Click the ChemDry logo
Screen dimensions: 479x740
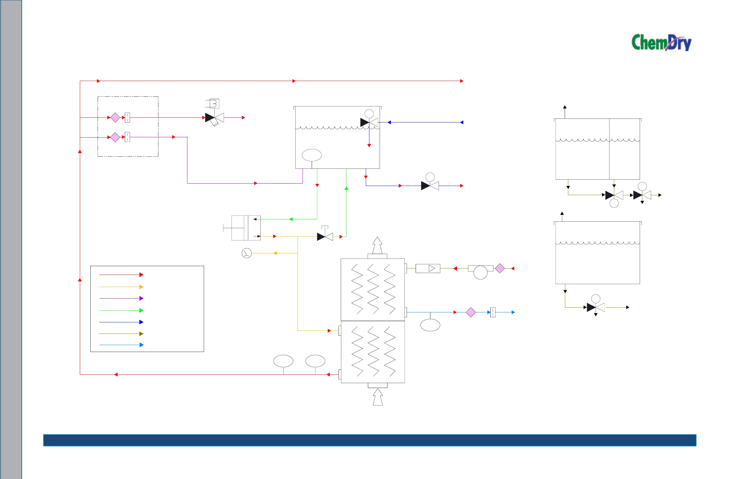(x=661, y=43)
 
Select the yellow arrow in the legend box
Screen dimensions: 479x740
(x=121, y=287)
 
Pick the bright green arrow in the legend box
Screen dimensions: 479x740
(x=121, y=311)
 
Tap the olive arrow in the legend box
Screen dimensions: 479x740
(x=121, y=334)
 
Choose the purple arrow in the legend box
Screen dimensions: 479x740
(x=121, y=298)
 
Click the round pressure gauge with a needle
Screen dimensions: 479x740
(x=247, y=253)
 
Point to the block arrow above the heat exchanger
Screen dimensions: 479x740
(x=377, y=246)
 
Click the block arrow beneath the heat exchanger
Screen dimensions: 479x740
(x=378, y=397)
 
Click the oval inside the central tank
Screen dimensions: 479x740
(x=312, y=155)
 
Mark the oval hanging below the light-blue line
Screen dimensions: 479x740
(x=430, y=325)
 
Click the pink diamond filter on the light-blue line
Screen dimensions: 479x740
(x=471, y=312)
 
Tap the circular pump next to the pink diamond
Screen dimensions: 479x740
(x=480, y=272)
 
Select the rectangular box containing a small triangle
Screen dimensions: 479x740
(x=428, y=268)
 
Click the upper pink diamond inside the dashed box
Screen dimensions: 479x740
(x=115, y=118)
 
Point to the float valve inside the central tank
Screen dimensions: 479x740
(x=369, y=122)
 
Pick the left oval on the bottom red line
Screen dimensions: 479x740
(x=283, y=361)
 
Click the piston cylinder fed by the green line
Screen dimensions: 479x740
(x=246, y=228)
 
